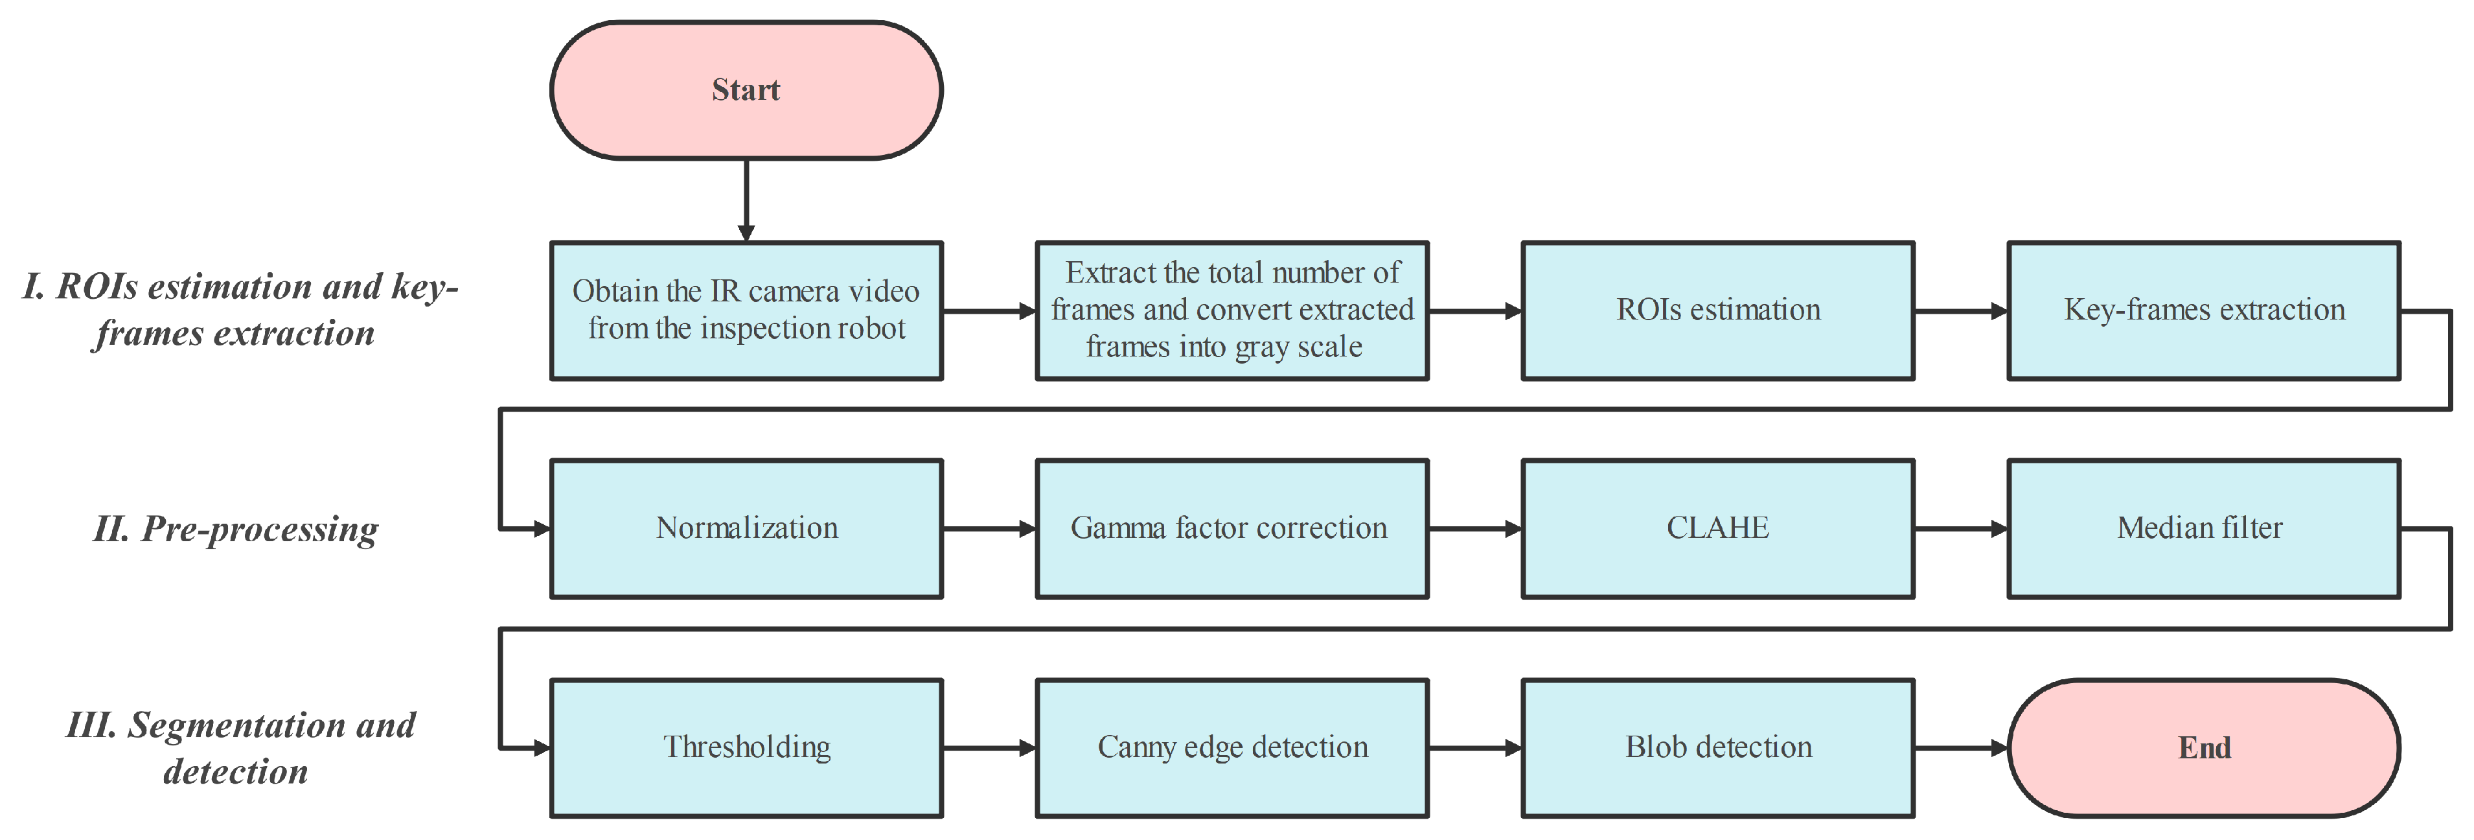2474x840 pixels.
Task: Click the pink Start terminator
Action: pyautogui.click(x=745, y=90)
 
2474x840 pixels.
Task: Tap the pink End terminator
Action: pyautogui.click(x=2203, y=748)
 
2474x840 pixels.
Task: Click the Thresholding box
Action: pyautogui.click(x=745, y=748)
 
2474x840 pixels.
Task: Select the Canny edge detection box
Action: pyautogui.click(x=1231, y=748)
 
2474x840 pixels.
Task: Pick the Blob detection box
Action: pyautogui.click(x=1717, y=748)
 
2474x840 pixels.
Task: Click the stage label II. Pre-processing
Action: pyautogui.click(x=235, y=530)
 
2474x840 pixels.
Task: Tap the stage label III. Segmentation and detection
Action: pyautogui.click(x=240, y=748)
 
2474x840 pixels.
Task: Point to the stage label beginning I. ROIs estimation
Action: pyautogui.click(x=240, y=309)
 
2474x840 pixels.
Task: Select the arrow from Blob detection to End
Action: pyautogui.click(x=1959, y=748)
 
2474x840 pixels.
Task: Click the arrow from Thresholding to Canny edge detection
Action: pyautogui.click(x=989, y=748)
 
